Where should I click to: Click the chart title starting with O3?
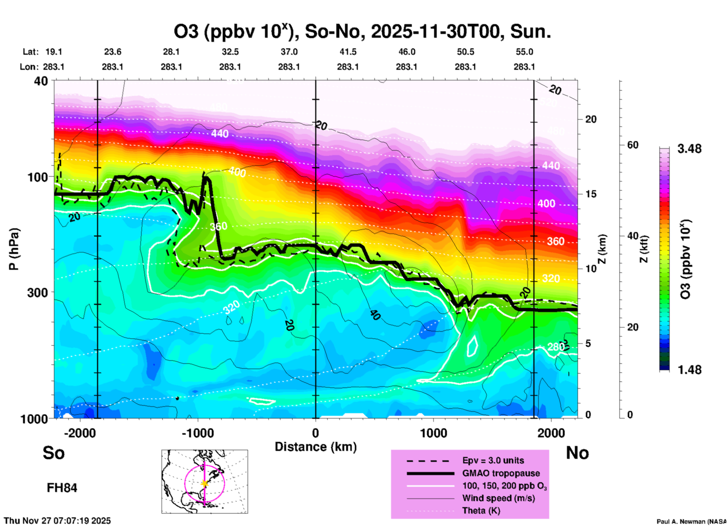(x=362, y=32)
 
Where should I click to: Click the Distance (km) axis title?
(x=316, y=447)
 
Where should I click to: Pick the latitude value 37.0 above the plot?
(x=289, y=52)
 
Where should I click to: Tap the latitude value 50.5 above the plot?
(x=465, y=52)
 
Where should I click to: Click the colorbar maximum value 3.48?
(x=689, y=149)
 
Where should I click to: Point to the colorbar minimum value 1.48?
(x=689, y=369)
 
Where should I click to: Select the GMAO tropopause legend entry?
(x=501, y=473)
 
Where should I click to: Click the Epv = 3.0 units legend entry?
(x=493, y=460)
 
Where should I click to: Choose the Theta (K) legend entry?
(x=481, y=511)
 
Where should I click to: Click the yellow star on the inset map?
(x=205, y=483)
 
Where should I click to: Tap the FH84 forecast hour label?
(x=62, y=488)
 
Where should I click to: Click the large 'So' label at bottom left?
(x=54, y=453)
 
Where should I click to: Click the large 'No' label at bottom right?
(x=577, y=453)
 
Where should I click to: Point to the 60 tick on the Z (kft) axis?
(x=633, y=145)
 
